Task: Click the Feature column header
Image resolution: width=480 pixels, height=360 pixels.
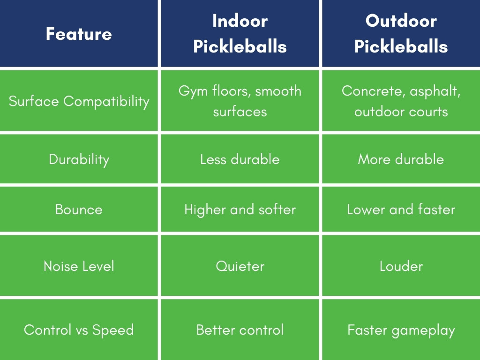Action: click(79, 34)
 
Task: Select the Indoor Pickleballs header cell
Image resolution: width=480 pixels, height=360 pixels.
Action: click(240, 34)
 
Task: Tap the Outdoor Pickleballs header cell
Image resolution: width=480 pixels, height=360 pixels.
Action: click(401, 34)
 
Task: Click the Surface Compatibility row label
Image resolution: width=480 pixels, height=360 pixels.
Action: click(79, 101)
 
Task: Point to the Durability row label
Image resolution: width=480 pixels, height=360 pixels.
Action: click(79, 159)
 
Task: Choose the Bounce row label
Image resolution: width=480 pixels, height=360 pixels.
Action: click(79, 209)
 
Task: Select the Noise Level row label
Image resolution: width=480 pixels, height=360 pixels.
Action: click(79, 266)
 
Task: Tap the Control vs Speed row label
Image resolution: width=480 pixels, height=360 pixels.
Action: click(79, 330)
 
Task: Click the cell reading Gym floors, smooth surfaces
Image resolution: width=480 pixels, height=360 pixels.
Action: click(240, 101)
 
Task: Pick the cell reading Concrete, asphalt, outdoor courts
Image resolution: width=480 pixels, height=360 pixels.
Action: click(401, 101)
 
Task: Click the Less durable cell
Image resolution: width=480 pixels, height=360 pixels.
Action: click(240, 159)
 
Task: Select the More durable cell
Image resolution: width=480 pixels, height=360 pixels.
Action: click(401, 159)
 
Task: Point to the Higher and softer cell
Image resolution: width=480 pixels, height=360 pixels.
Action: click(240, 209)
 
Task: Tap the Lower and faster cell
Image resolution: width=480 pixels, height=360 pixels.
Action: click(401, 209)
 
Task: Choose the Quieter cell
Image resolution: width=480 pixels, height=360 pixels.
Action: click(240, 266)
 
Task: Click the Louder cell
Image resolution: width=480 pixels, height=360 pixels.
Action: click(401, 266)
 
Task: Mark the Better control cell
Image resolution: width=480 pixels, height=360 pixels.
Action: click(240, 330)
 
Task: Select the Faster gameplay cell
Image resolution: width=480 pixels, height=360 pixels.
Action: click(401, 330)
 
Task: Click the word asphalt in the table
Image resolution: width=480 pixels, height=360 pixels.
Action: click(435, 91)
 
